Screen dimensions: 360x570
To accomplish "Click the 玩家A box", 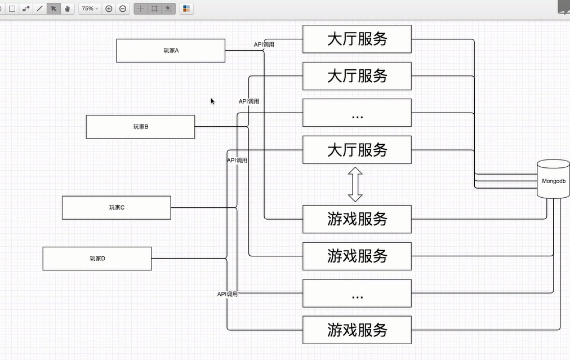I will click(171, 51).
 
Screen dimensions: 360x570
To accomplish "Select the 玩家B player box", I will click(140, 127).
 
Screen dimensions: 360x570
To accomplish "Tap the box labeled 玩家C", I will click(116, 208).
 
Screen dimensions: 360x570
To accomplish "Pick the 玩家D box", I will click(97, 259).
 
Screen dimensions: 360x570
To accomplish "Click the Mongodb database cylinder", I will click(553, 179).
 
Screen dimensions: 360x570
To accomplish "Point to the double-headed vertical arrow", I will click(355, 184).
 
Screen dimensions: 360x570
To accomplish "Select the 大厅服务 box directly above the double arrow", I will click(357, 150).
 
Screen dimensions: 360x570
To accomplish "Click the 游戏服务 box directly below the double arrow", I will click(357, 219).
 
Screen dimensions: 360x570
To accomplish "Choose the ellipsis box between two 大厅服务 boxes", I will click(357, 113).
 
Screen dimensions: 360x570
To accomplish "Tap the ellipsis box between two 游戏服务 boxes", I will click(357, 294).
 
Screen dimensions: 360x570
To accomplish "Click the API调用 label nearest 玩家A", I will click(264, 45).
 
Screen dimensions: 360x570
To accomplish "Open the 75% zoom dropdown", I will click(89, 9).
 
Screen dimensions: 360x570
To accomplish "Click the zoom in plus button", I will click(109, 9).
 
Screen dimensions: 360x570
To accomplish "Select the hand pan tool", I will click(68, 9).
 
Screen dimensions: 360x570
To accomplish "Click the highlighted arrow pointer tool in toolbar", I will click(54, 9).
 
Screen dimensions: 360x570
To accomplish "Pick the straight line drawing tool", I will click(39, 9).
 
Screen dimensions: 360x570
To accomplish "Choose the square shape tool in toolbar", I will click(12, 9).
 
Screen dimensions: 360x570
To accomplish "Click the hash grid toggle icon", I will click(154, 9).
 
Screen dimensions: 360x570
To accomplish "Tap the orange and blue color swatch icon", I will click(186, 9).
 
